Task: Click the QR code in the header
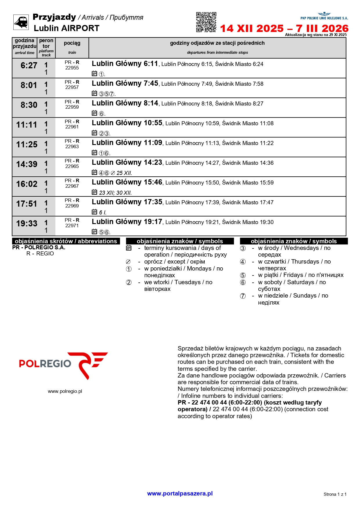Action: [x=206, y=22]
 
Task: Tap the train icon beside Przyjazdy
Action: [x=21, y=22]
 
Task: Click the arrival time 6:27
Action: [x=29, y=66]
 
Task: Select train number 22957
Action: [x=72, y=87]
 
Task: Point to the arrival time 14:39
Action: [x=27, y=164]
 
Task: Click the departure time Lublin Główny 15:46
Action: [x=127, y=182]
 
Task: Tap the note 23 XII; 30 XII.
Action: [x=115, y=193]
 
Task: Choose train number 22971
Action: [x=72, y=226]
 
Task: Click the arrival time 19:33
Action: [x=27, y=224]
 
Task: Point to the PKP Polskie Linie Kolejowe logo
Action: [x=324, y=16]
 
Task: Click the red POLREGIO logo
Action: [x=63, y=365]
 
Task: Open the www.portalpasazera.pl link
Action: [x=180, y=493]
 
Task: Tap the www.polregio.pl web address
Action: [x=65, y=391]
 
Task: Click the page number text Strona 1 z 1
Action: [x=335, y=494]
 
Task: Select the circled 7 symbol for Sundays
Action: [x=243, y=296]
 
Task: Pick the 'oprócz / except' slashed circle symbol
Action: [x=128, y=262]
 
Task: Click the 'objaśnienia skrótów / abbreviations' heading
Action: [x=66, y=241]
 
